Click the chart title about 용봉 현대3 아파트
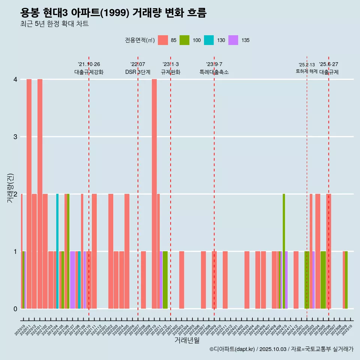[x=113, y=13]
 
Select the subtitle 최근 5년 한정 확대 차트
[x=54, y=24]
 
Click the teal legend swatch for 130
[x=209, y=40]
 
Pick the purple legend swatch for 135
[x=233, y=40]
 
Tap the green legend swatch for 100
[x=184, y=40]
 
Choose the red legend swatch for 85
[x=163, y=40]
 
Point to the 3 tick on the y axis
[x=15, y=136]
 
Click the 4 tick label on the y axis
[x=15, y=79]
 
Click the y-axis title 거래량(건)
[x=10, y=187]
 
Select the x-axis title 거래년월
[x=187, y=340]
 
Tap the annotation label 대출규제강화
[x=89, y=72]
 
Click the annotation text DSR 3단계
[x=138, y=72]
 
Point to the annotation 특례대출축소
[x=214, y=72]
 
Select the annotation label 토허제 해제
[x=306, y=71]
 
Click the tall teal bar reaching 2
[x=57, y=251]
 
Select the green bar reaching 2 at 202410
[x=284, y=251]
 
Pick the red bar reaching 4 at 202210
[x=154, y=194]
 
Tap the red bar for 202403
[x=247, y=280]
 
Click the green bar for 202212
[x=165, y=280]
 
